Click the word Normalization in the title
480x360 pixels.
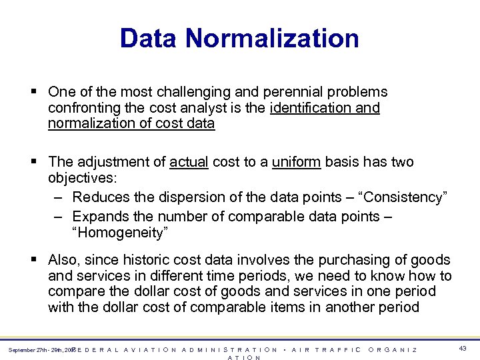[273, 38]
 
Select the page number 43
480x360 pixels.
[463, 348]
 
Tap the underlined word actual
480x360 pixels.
[189, 162]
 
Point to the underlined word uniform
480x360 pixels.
[297, 162]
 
